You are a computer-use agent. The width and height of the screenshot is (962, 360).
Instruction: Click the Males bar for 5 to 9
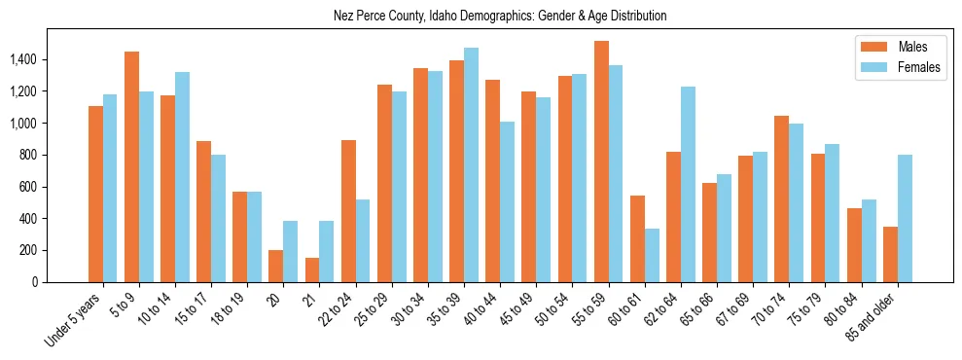(x=131, y=166)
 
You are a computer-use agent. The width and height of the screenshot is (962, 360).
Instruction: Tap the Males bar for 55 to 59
(x=601, y=162)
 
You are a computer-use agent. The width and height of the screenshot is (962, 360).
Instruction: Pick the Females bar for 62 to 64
(x=688, y=184)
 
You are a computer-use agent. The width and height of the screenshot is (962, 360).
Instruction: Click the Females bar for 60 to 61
(x=652, y=255)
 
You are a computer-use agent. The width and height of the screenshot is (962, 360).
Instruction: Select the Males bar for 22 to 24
(x=348, y=211)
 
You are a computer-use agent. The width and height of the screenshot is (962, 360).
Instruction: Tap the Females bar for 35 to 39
(x=471, y=164)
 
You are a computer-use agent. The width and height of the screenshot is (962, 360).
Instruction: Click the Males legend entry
(x=911, y=47)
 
